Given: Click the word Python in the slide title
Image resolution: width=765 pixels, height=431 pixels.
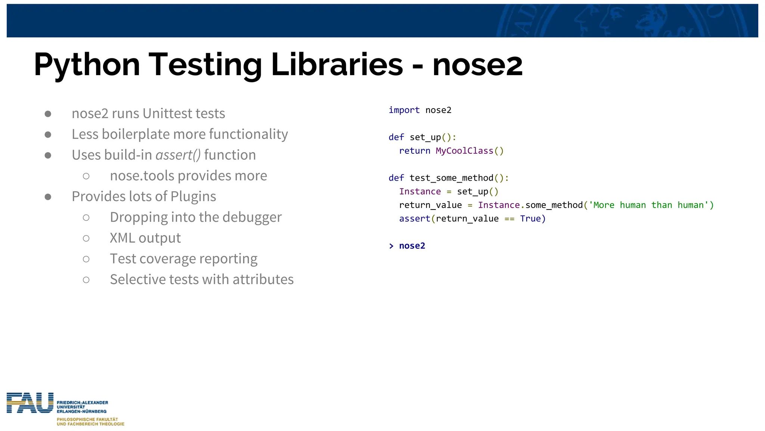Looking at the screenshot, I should click(x=87, y=65).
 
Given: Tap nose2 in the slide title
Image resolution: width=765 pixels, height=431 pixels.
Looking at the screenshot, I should click(x=477, y=65).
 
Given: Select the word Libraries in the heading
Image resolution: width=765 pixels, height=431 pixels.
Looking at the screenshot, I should click(x=337, y=64).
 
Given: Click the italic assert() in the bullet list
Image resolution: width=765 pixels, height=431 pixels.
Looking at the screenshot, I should click(x=178, y=155).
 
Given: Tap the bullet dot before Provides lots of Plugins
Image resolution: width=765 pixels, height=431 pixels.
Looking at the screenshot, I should click(x=48, y=197).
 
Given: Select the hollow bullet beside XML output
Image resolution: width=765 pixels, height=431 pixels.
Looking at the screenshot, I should click(x=86, y=238).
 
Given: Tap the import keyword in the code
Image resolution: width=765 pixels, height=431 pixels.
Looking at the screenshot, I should click(x=404, y=110).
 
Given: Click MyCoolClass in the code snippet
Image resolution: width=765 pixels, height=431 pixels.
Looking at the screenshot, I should click(x=464, y=151).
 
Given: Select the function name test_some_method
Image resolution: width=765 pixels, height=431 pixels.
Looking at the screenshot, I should click(x=451, y=178).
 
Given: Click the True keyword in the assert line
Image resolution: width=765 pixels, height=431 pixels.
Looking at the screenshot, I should click(x=530, y=218).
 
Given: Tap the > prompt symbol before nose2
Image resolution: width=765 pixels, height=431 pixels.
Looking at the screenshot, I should click(x=391, y=246).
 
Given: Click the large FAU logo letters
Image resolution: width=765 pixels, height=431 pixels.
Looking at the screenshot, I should click(x=30, y=403).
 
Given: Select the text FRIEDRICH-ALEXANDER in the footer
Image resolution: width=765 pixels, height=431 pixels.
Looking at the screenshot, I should click(x=82, y=403).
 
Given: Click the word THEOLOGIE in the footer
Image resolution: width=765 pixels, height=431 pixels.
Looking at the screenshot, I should click(x=111, y=424).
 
